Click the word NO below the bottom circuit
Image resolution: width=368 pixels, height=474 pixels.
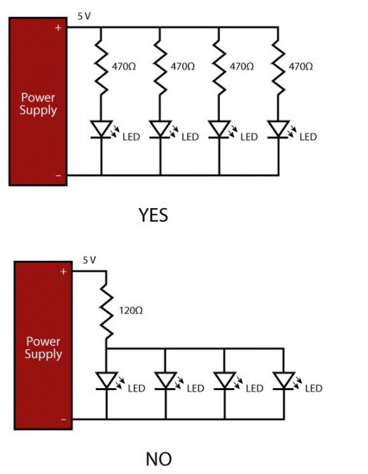coord(158,458)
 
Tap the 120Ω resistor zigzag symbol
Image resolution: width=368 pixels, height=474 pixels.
coord(106,311)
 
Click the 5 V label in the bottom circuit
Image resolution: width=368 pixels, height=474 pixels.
coord(88,260)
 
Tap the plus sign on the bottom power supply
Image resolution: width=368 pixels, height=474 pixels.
coord(63,271)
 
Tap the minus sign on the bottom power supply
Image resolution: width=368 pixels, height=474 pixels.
coord(63,419)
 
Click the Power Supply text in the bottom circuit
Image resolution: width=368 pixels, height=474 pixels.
coord(43,348)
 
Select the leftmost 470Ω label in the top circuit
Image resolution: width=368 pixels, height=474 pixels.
coord(124,66)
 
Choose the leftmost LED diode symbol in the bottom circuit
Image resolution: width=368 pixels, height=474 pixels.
coord(106,381)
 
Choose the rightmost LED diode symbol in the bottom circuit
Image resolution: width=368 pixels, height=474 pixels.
coord(284,381)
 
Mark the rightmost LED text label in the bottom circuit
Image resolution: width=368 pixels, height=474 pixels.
coord(313,388)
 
